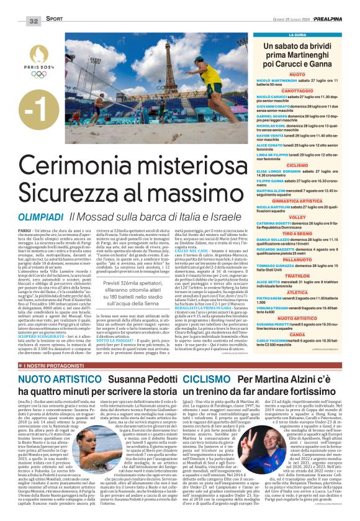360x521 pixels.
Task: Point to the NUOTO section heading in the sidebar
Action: click(x=297, y=74)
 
